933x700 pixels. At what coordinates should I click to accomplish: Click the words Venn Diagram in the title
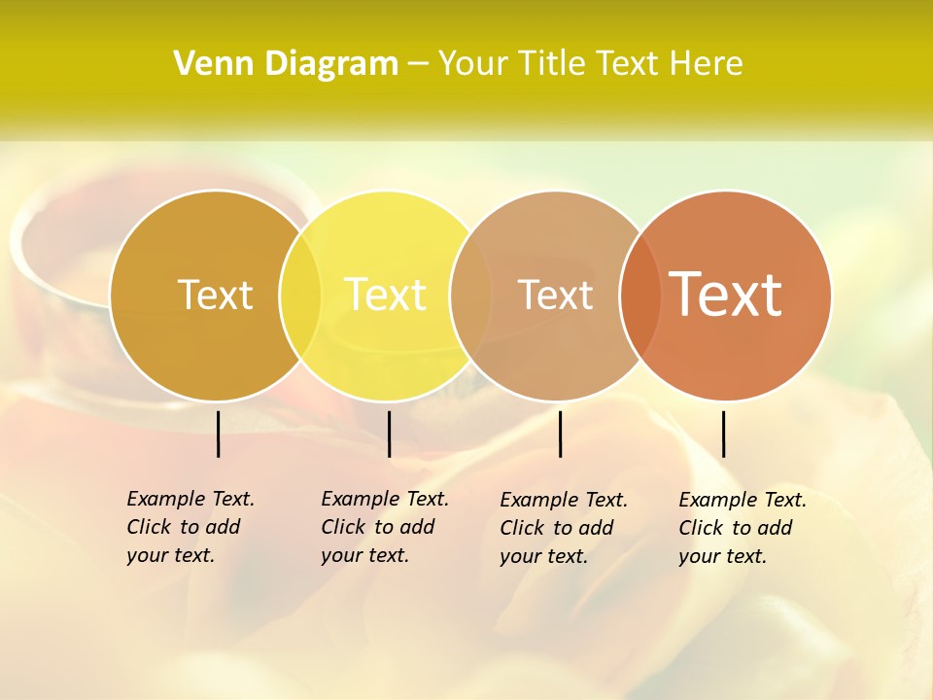coord(286,64)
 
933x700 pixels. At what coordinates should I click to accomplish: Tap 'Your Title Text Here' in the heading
coord(590,64)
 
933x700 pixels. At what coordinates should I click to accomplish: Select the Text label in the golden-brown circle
coord(215,296)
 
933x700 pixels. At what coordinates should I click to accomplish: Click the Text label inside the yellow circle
coord(386,295)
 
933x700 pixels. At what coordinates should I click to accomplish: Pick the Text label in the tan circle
coord(555,296)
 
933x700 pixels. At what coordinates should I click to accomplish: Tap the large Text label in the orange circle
coord(726,295)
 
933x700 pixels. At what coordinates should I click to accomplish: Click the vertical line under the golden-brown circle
coord(218,434)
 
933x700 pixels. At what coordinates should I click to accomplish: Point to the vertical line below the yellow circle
coord(389,434)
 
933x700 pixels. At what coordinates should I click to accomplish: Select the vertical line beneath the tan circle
coord(560,434)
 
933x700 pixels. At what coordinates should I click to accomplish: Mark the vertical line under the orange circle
coord(723,434)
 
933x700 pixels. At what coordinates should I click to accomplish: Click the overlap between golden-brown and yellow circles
coord(300,296)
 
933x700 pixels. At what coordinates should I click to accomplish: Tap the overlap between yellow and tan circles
coord(470,296)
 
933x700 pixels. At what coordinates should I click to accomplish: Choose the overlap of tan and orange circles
coord(639,296)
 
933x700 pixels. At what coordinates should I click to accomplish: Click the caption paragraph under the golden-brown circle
coord(190,527)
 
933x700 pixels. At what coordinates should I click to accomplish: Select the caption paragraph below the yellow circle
coord(385,527)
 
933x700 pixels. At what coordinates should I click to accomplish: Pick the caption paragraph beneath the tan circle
coord(564,528)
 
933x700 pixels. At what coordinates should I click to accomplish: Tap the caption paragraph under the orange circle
coord(743,528)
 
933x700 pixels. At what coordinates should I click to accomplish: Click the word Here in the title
coord(709,64)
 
